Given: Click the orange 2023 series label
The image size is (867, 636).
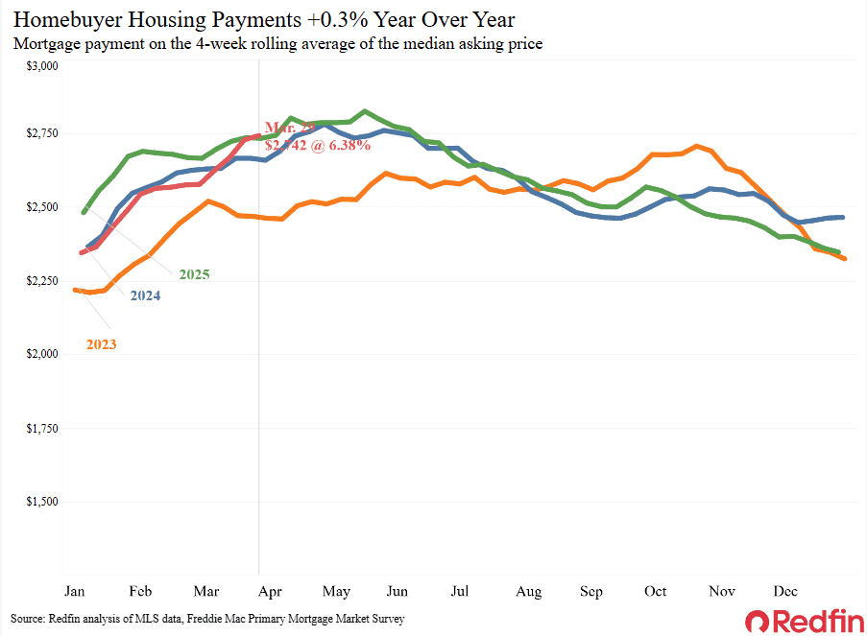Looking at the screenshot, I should click(101, 343).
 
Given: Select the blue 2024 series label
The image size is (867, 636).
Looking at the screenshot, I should click(144, 296).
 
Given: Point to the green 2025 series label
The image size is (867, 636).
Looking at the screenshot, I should click(193, 275).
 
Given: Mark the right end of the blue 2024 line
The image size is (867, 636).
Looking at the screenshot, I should click(843, 217).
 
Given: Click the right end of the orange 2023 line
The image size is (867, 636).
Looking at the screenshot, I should click(843, 258).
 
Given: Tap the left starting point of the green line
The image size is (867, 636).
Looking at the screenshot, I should click(84, 212).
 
